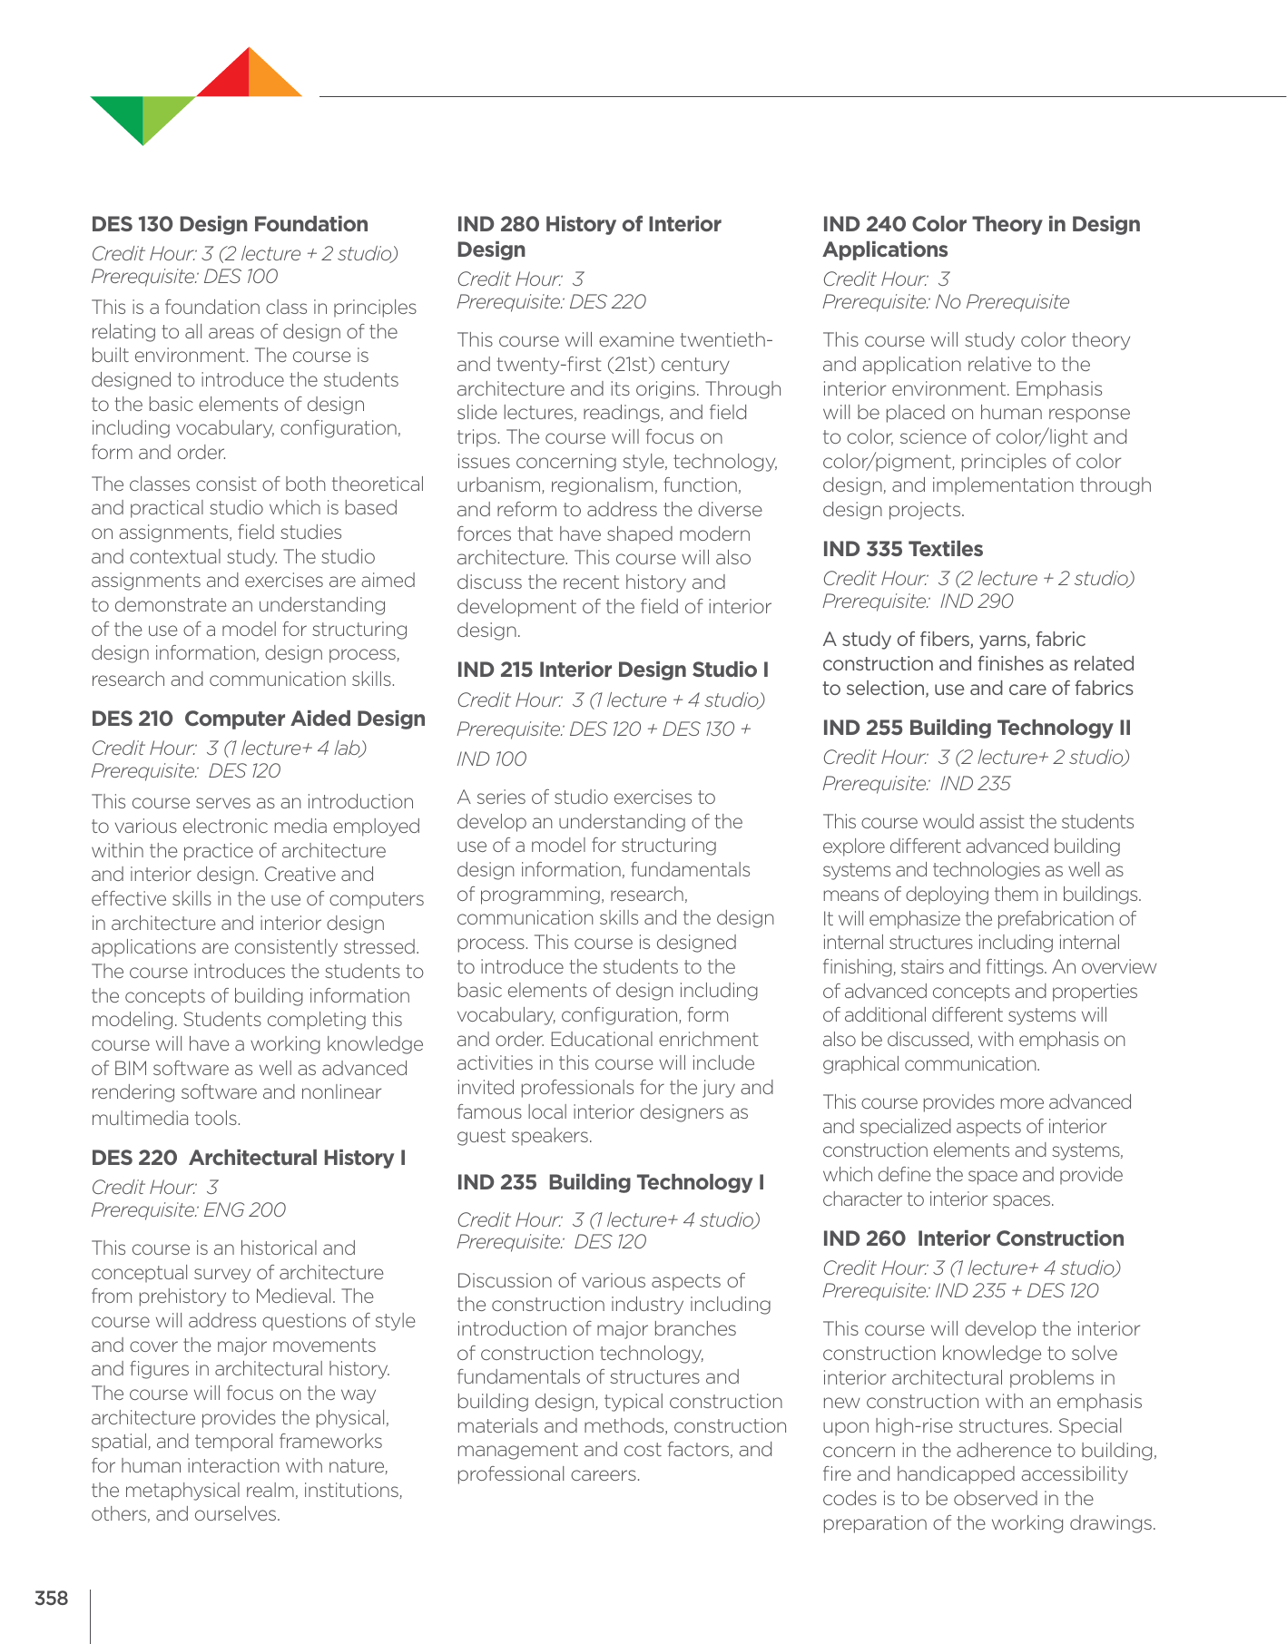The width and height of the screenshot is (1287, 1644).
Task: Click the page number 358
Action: (52, 1598)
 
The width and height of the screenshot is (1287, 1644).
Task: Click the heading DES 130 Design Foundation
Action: (230, 224)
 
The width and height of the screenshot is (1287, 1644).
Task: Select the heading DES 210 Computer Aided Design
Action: (258, 719)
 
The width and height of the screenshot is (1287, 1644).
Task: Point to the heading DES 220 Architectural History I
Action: (248, 1158)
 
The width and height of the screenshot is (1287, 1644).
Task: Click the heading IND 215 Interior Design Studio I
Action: (613, 670)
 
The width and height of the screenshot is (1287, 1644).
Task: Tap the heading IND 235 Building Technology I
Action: (610, 1182)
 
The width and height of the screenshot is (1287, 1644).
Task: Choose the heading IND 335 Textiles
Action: (902, 549)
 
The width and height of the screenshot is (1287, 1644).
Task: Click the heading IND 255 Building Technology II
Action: (977, 728)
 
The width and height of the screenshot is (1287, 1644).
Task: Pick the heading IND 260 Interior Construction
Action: (973, 1238)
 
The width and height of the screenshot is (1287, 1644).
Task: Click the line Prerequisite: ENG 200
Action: (189, 1209)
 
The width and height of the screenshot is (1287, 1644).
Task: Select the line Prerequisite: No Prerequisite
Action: (946, 301)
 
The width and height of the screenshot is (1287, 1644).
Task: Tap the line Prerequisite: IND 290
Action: (918, 601)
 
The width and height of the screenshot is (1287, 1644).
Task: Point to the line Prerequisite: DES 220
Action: (551, 301)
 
